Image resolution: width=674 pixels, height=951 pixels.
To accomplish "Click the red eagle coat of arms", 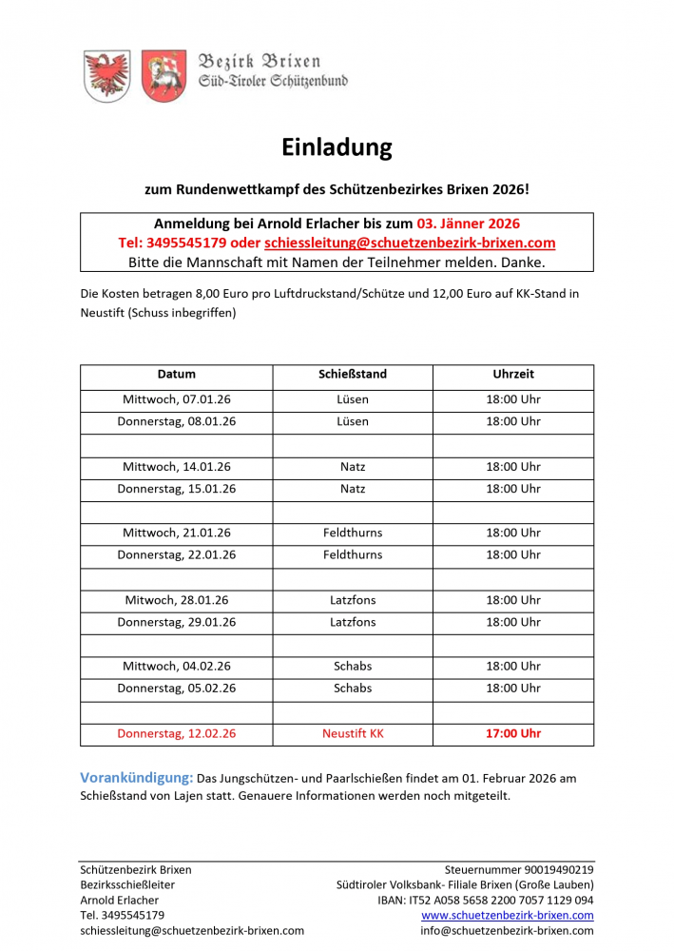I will pyautogui.click(x=106, y=74).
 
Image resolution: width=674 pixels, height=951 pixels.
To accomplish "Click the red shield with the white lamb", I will pyautogui.click(x=164, y=74).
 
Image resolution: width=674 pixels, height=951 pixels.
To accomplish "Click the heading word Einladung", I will pyautogui.click(x=337, y=147).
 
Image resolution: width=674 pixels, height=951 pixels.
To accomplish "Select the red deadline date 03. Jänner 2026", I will pyautogui.click(x=469, y=224).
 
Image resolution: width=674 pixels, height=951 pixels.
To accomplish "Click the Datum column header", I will pyautogui.click(x=177, y=375).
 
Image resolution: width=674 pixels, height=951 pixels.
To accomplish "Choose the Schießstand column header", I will pyautogui.click(x=353, y=375).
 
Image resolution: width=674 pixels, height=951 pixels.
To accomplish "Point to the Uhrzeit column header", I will pyautogui.click(x=513, y=375).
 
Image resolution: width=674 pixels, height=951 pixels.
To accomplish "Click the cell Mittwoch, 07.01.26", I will pyautogui.click(x=177, y=399).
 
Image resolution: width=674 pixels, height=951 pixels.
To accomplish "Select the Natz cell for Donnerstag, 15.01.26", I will pyautogui.click(x=353, y=489).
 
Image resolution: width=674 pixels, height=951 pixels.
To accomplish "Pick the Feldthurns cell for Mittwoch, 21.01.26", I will pyautogui.click(x=353, y=534).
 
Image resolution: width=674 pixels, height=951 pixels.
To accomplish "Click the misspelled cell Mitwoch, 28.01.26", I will pyautogui.click(x=177, y=600).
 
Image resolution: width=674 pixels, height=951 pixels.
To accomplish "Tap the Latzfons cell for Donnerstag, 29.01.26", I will pyautogui.click(x=353, y=622).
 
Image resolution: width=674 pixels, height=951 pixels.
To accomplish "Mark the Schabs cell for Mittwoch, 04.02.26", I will pyautogui.click(x=353, y=667).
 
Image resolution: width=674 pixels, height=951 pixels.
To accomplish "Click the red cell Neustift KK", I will pyautogui.click(x=353, y=734).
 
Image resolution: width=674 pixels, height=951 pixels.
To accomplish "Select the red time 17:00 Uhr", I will pyautogui.click(x=513, y=734).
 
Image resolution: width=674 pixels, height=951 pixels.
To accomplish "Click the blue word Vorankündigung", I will pyautogui.click(x=137, y=778).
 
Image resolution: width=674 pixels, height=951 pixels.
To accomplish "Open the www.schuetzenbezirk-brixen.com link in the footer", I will pyautogui.click(x=508, y=915).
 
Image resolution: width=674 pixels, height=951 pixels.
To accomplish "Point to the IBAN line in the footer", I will pyautogui.click(x=485, y=900).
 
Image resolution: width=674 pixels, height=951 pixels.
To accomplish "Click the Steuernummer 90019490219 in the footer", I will pyautogui.click(x=519, y=869).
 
